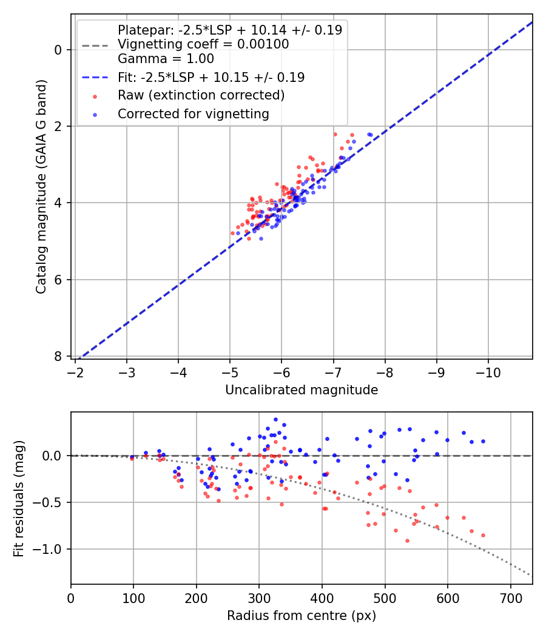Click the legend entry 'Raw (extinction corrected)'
201,95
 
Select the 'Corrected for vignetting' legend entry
193,113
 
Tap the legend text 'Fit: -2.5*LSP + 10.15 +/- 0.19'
211,77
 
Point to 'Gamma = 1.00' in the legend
166,59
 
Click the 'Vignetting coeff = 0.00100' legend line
203,44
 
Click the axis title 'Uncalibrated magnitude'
302,390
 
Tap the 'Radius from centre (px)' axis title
302,616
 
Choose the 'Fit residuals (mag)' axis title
19,498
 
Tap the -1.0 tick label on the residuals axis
51,549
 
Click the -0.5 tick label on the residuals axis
51,502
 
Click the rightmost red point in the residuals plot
483,535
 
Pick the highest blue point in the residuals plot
275,419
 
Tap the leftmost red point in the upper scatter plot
232,233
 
